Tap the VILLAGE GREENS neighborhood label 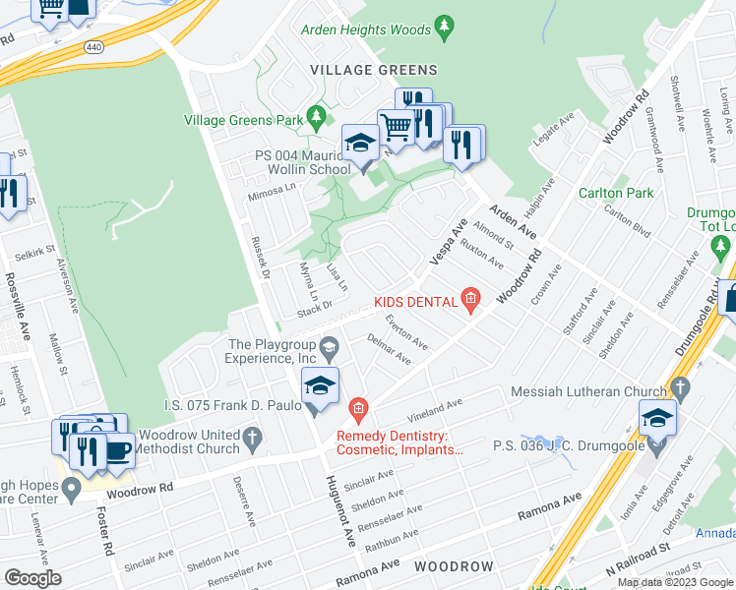coord(373,70)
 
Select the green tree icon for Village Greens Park coord(316,120)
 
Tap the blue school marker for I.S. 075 coord(320,386)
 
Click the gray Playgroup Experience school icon coord(331,345)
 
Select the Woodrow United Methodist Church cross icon coord(253,442)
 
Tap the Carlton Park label coord(616,193)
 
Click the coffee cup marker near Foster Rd coord(118,450)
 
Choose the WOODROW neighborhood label coord(453,567)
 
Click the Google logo coord(32,578)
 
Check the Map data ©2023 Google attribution coord(674,582)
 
